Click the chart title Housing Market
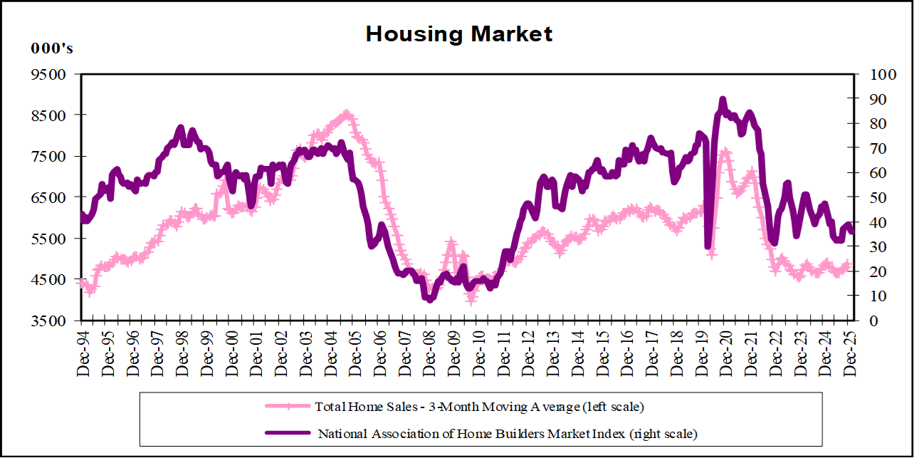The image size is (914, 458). tap(459, 33)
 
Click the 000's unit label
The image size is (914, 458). tap(51, 49)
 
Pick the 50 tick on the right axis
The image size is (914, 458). tap(870, 197)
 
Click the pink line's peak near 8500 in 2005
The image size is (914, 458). tap(346, 113)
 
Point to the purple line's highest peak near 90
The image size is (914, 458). tap(723, 100)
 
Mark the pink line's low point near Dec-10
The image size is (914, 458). tap(471, 300)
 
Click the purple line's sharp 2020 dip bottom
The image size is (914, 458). tap(708, 246)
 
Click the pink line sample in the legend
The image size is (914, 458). tap(288, 407)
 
